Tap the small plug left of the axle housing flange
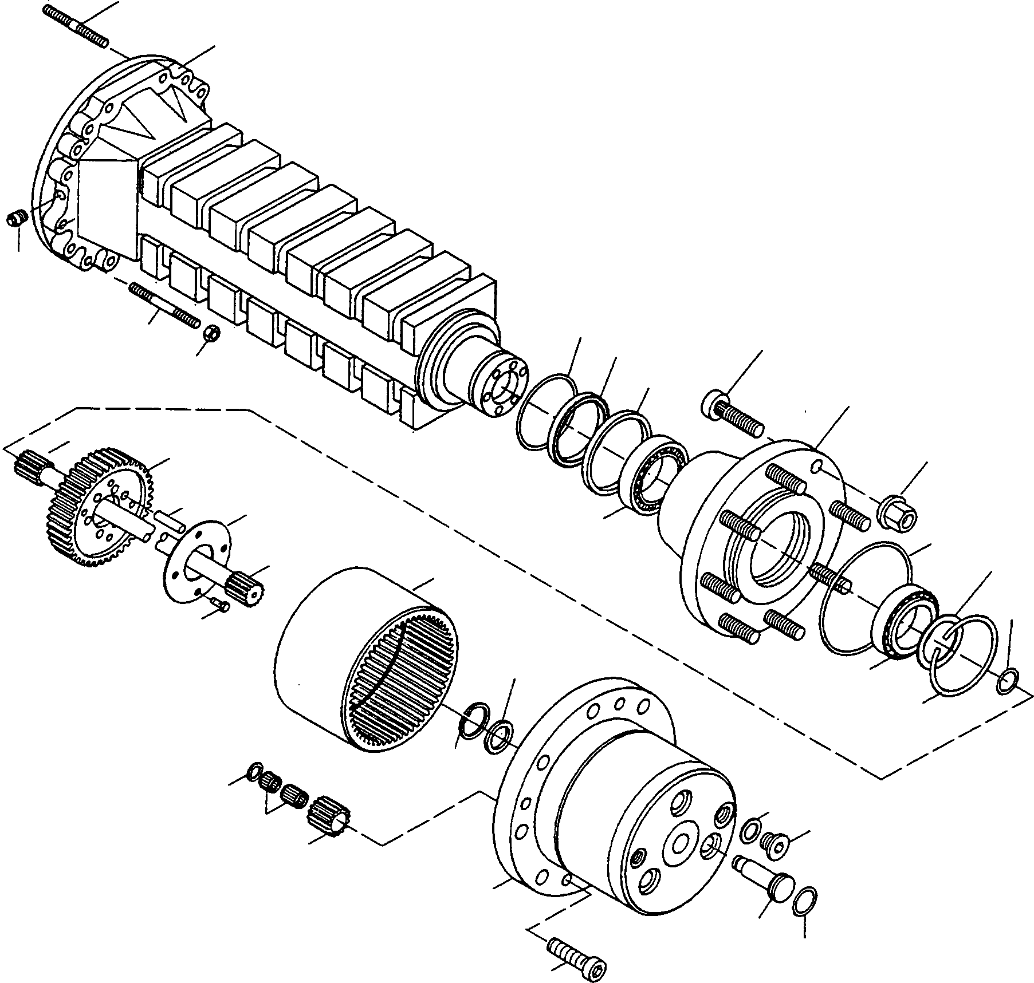pos(17,219)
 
